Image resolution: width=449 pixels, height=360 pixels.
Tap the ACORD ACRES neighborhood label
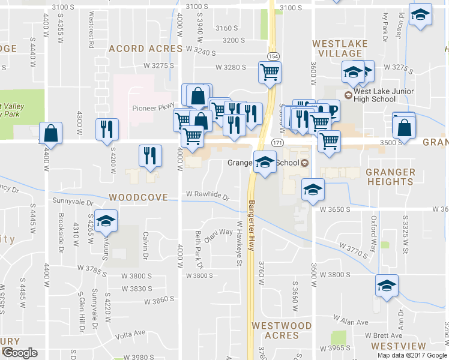145,49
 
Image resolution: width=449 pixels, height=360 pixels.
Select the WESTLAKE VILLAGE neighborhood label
337,49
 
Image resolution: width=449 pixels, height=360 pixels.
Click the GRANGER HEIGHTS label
390,178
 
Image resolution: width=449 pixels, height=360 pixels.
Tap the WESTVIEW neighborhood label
398,346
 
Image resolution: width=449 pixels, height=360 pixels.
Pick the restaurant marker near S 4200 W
107,129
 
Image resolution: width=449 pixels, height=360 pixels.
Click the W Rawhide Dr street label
207,195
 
